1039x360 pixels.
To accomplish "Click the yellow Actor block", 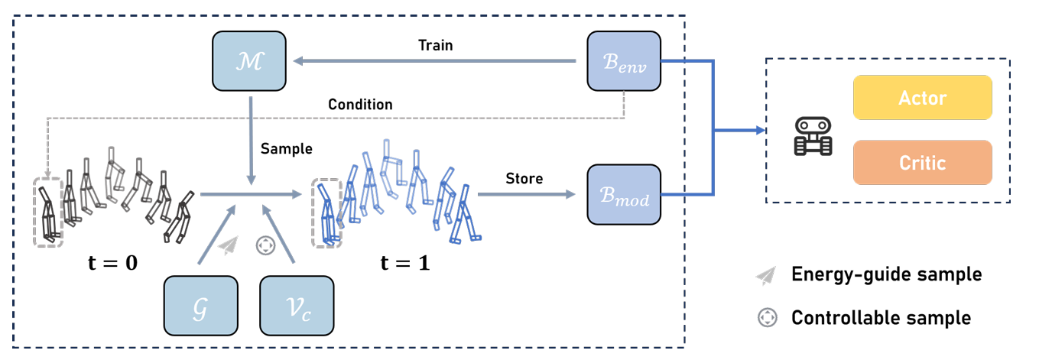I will [x=922, y=97].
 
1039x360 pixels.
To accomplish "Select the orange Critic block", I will [x=922, y=163].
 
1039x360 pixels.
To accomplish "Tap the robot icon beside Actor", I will [x=813, y=136].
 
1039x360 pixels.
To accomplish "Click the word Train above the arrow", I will [x=435, y=45].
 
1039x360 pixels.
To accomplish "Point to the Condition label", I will [x=360, y=104].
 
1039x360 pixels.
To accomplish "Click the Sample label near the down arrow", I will [x=287, y=148].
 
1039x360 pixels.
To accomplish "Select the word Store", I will [x=524, y=179].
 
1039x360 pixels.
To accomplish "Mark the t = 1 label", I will [x=404, y=263].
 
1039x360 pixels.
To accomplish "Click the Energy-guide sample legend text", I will [x=886, y=274].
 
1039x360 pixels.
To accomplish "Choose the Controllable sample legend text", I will [x=881, y=317].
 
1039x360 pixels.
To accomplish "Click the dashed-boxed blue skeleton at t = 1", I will [x=326, y=212].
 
